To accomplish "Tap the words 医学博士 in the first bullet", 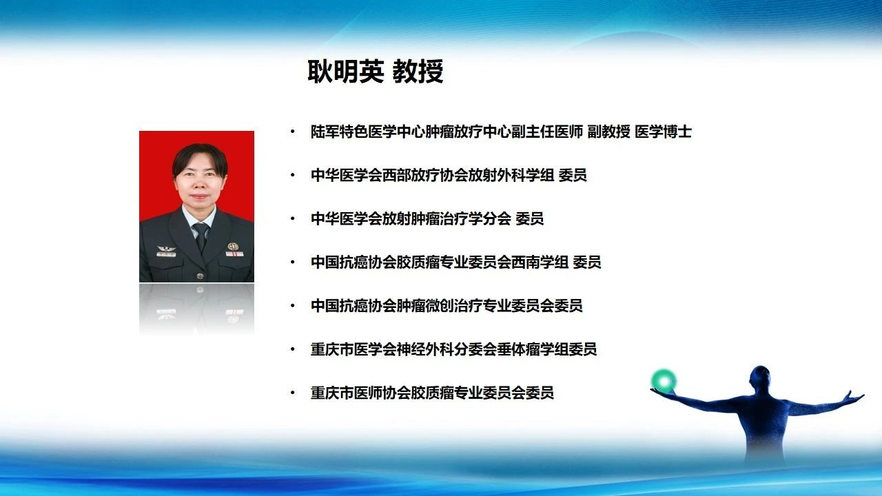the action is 663,132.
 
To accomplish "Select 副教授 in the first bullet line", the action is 608,132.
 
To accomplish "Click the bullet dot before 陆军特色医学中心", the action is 293,132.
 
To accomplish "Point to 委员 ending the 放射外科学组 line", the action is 573,175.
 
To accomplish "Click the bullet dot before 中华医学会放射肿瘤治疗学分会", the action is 293,218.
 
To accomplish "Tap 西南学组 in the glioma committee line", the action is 540,262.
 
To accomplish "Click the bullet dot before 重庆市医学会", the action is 293,349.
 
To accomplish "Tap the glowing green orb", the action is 664,381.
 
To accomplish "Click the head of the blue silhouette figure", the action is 759,379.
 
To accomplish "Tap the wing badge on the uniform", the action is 166,249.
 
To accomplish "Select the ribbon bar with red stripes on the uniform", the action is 234,254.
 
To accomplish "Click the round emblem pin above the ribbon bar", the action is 233,247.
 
